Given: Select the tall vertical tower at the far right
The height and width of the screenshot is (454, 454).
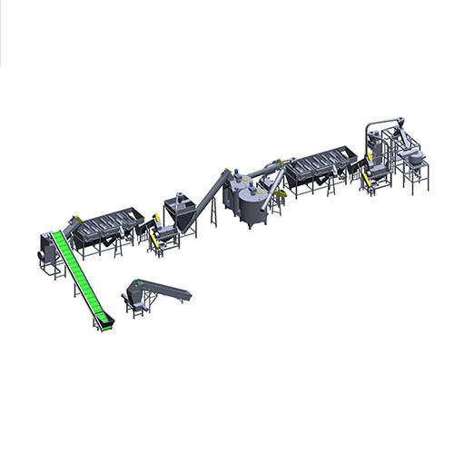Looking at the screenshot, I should [372, 145].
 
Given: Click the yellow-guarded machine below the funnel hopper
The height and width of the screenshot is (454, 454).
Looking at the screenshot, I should [165, 237].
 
